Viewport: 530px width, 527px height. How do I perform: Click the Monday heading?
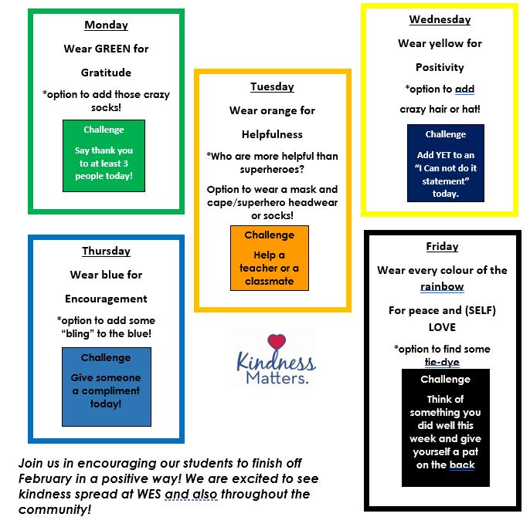point(106,25)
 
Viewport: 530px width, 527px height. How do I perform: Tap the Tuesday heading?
point(272,86)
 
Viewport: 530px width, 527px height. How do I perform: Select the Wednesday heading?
point(440,20)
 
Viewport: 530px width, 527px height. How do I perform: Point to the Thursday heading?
point(106,252)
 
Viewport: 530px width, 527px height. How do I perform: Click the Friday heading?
point(442,246)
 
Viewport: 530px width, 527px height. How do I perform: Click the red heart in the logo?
point(277,341)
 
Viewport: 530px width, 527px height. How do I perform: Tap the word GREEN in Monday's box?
point(113,49)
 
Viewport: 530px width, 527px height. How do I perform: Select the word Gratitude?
point(106,73)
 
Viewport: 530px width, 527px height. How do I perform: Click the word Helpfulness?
point(272,135)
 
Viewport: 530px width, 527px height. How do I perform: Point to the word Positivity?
point(440,68)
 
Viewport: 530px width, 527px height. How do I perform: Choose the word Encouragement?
point(106,299)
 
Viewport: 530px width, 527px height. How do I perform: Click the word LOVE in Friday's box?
point(442,327)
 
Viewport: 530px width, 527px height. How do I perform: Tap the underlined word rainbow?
point(442,286)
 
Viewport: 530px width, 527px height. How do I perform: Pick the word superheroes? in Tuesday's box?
point(272,169)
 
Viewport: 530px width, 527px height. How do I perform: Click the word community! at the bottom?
point(55,510)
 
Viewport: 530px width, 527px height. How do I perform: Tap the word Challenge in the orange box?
point(270,235)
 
